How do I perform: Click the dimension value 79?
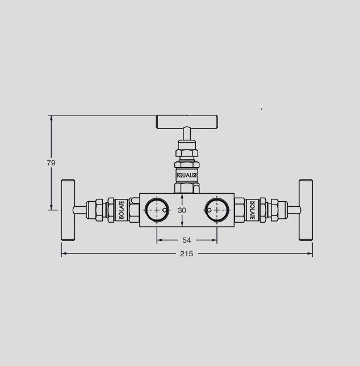click(51, 163)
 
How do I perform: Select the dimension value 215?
click(186, 253)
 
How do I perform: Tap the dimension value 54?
click(186, 240)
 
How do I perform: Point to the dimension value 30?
click(182, 210)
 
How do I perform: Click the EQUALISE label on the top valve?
click(187, 175)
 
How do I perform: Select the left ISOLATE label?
click(122, 210)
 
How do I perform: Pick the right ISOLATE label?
click(252, 210)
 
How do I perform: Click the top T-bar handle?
click(187, 122)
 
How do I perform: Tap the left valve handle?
click(68, 210)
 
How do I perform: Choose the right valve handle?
click(305, 210)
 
